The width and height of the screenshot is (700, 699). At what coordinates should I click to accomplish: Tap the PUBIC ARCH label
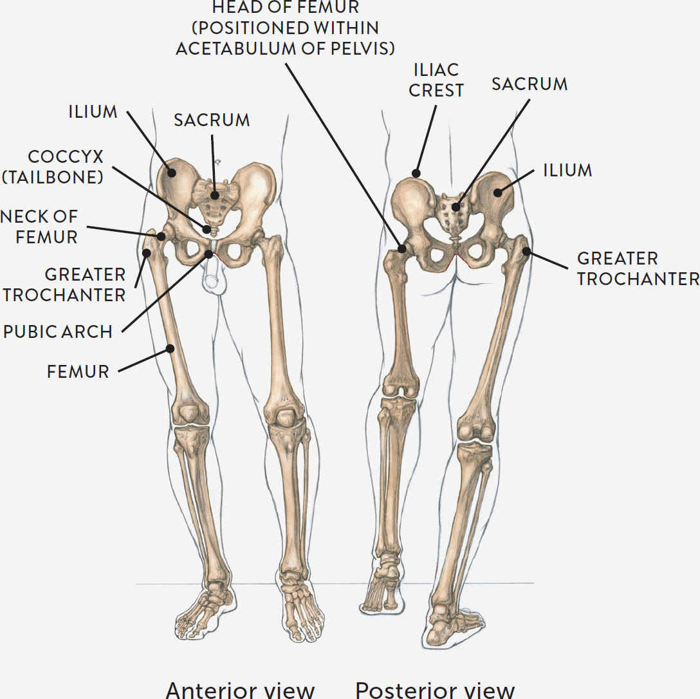(x=58, y=331)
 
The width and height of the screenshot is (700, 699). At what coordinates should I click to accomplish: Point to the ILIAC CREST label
(x=436, y=80)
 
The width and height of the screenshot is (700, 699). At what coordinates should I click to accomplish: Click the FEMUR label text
(x=78, y=371)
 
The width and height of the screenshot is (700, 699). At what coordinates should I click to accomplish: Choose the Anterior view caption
(x=240, y=689)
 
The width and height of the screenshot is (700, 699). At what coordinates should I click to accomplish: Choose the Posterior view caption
(x=436, y=689)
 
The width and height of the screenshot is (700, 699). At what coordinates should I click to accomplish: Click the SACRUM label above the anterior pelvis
(x=212, y=120)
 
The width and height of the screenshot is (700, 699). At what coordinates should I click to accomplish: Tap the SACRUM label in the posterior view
(x=530, y=84)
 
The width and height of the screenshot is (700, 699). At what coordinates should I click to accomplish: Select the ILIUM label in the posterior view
(x=567, y=170)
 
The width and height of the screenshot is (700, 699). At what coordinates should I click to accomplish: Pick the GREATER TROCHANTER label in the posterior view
(x=638, y=268)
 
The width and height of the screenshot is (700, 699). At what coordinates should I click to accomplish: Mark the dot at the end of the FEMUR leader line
(x=171, y=349)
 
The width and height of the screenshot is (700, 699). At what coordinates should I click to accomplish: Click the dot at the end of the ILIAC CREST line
(x=417, y=173)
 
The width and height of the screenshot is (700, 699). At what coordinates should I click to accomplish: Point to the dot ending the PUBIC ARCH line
(x=209, y=254)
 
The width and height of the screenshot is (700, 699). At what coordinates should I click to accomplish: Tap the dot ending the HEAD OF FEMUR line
(x=403, y=247)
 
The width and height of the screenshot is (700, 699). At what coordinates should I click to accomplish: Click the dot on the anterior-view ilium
(x=171, y=171)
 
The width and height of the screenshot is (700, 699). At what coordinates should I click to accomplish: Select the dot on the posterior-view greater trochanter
(x=526, y=251)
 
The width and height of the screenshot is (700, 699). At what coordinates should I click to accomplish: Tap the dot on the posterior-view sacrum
(x=456, y=207)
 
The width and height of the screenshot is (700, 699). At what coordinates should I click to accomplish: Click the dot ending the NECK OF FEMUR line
(x=161, y=236)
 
